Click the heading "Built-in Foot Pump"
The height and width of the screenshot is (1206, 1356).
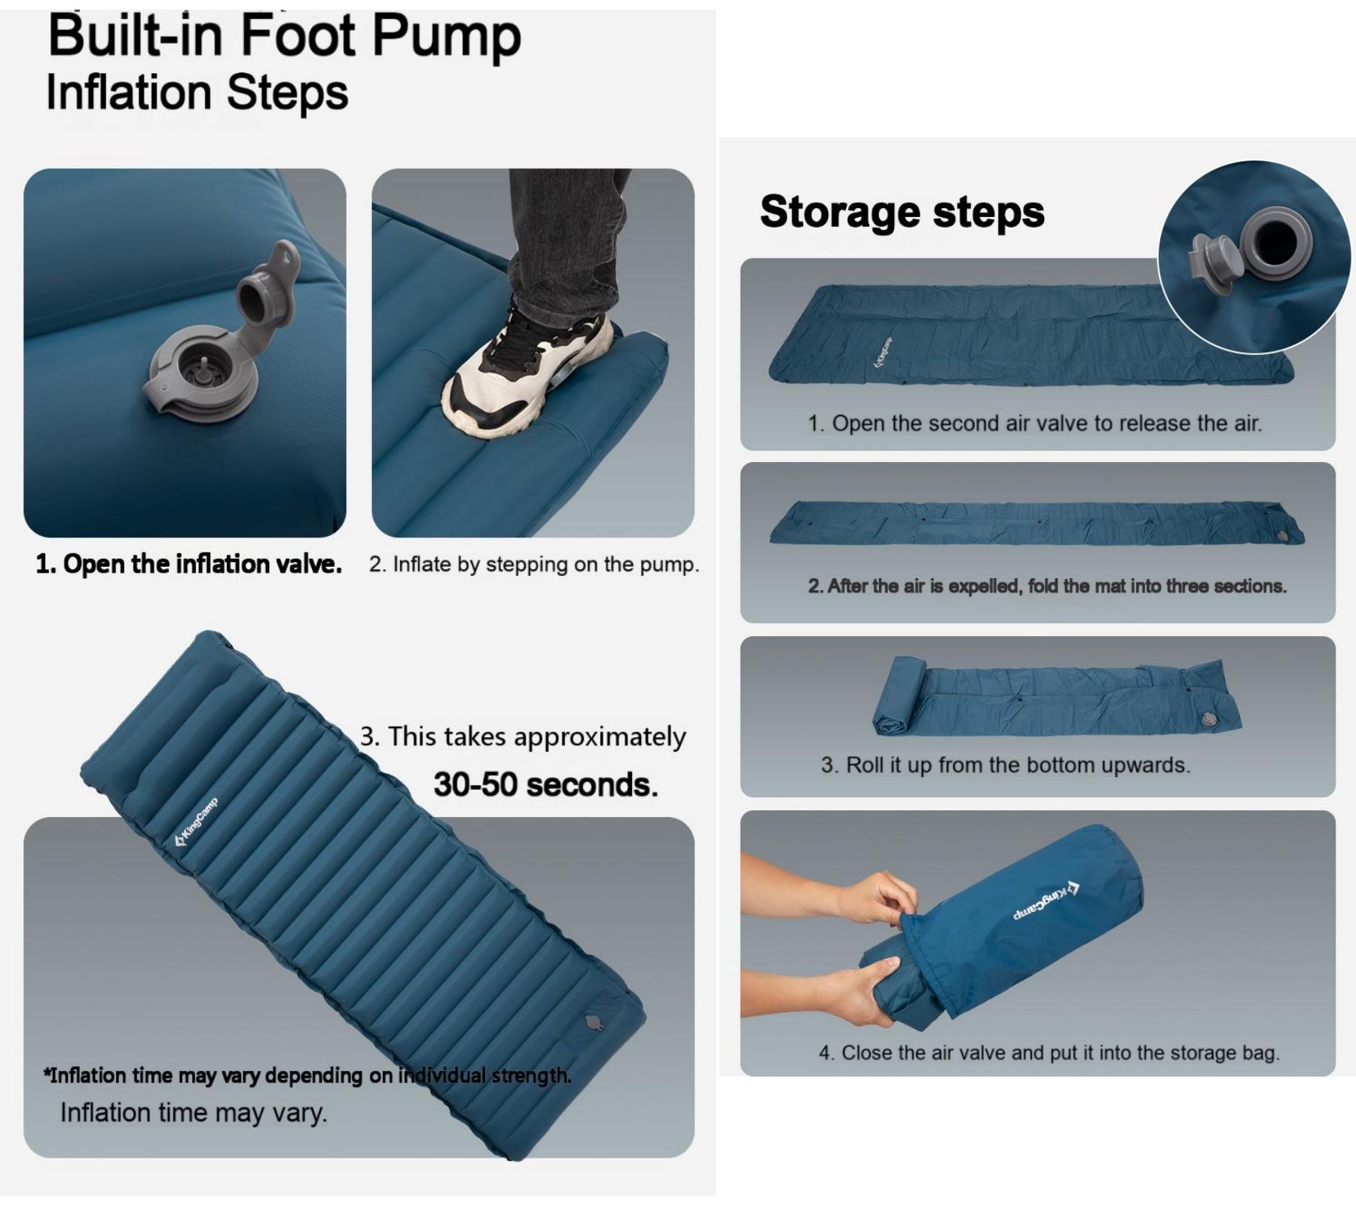(284, 36)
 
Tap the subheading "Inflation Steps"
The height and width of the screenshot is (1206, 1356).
(197, 93)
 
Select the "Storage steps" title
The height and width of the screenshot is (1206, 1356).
(902, 211)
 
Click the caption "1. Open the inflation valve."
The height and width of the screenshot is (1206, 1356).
(188, 564)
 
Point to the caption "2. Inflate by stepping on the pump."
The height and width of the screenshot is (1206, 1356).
(533, 565)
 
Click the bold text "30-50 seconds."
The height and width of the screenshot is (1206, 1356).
(545, 785)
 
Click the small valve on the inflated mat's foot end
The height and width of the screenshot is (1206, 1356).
(594, 1023)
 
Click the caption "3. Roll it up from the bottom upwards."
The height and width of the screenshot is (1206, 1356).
(1005, 765)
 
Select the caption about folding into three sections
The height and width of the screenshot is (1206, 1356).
(1047, 586)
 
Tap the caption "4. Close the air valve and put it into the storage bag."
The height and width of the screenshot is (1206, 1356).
(1049, 1052)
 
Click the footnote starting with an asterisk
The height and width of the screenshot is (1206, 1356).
(307, 1075)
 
